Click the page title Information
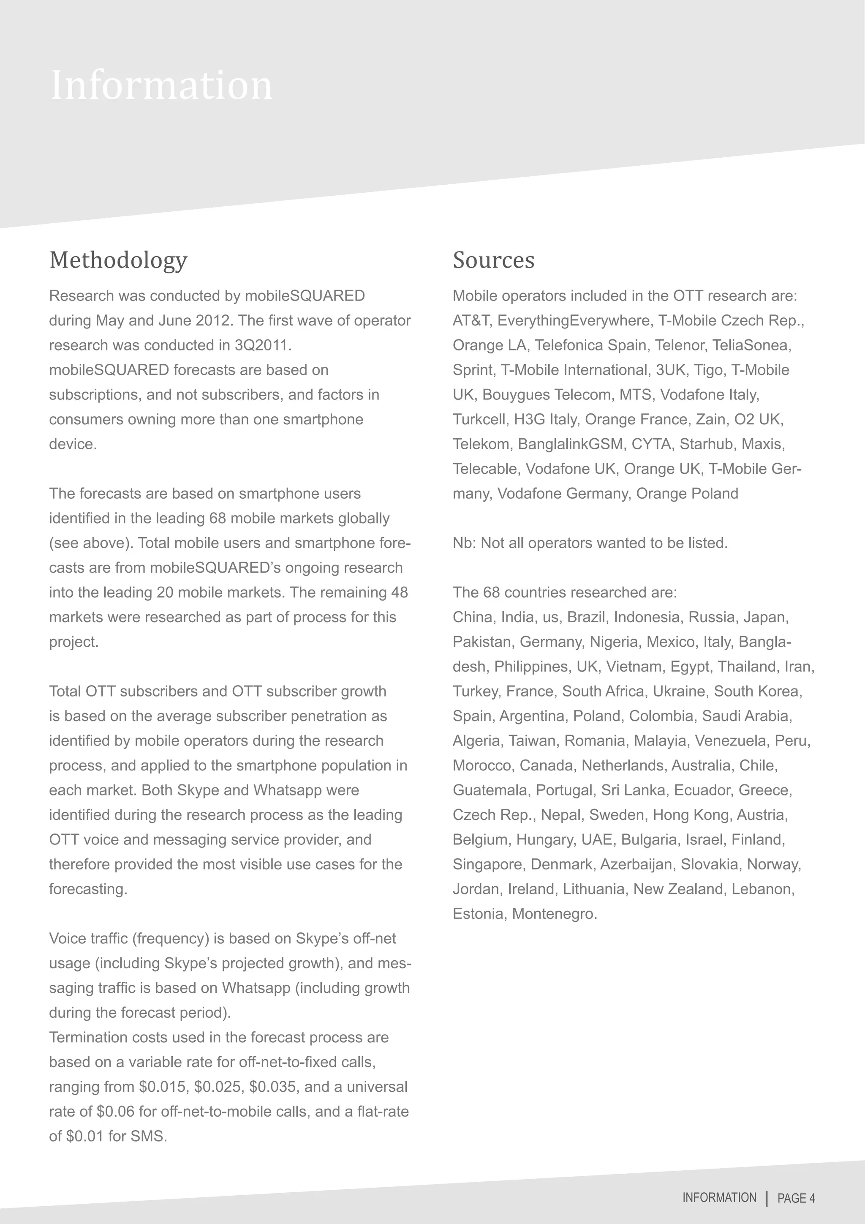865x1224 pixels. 161,85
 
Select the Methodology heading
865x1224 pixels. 118,260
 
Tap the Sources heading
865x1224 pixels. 493,260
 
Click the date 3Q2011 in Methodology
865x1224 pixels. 263,345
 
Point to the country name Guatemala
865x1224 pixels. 490,790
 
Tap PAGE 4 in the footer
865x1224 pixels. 796,1198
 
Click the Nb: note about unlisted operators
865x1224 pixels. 590,543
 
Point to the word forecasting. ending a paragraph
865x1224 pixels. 88,889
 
